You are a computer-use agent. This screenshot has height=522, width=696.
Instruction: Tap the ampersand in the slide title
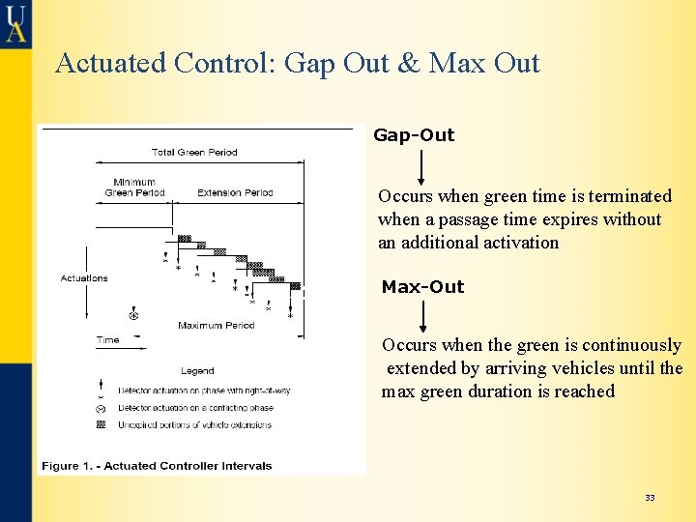[409, 63]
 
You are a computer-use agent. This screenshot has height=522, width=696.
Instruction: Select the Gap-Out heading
[414, 135]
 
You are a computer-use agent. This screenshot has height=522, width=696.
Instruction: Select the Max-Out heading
[422, 287]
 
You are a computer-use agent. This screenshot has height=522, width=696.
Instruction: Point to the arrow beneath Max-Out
[423, 316]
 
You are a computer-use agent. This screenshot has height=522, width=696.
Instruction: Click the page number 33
[650, 498]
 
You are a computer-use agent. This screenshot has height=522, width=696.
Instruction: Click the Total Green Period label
[194, 153]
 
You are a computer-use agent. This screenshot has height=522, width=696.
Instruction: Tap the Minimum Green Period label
[134, 188]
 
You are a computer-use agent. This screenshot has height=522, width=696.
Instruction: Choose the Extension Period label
[235, 193]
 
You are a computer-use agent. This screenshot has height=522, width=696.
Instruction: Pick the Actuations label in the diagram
[84, 278]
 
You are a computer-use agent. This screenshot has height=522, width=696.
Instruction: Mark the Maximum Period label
[216, 326]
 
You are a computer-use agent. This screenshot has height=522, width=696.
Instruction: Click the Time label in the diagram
[107, 340]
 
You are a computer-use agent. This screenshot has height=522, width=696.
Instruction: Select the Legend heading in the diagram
[197, 371]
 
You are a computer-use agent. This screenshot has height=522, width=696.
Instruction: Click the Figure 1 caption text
[157, 466]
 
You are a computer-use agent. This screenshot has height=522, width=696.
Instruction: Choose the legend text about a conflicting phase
[195, 408]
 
